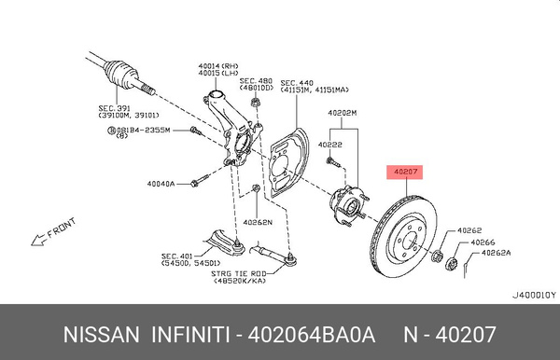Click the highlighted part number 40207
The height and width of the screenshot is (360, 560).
[x=405, y=172]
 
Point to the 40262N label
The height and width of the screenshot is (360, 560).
[x=259, y=222]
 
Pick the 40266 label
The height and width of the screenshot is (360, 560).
[x=483, y=242]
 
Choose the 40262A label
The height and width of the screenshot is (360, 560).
[x=496, y=252]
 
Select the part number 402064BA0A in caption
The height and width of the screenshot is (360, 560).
[x=309, y=334]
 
